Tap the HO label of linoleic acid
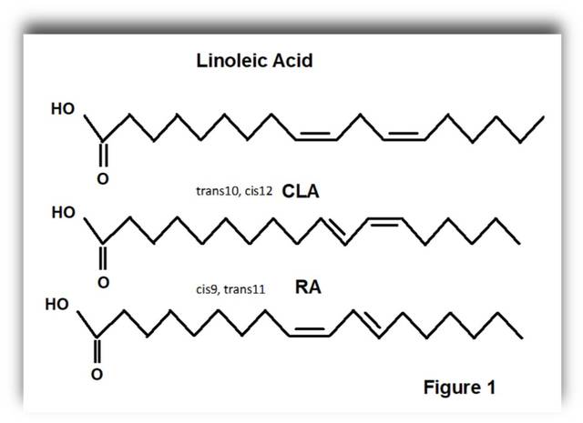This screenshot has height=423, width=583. [64, 108]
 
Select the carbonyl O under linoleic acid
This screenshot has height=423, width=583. [102, 179]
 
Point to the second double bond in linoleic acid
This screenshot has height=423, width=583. [403, 136]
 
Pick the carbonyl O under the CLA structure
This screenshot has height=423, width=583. [105, 281]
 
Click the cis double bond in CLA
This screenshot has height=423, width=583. [383, 220]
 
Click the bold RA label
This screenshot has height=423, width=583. [307, 287]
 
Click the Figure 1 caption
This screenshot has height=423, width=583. [459, 388]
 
